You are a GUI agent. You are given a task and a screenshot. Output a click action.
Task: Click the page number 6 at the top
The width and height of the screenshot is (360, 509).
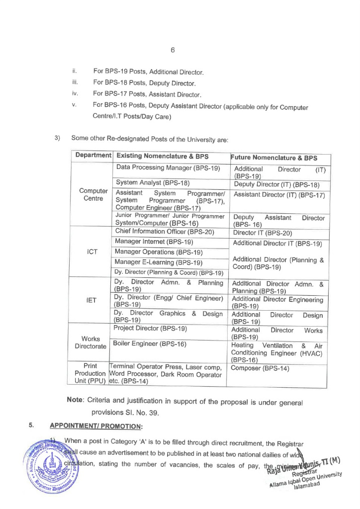173,50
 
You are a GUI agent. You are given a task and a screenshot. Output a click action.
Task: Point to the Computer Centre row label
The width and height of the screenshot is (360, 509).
93,194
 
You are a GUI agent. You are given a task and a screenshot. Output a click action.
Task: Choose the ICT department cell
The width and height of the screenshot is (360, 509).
92,252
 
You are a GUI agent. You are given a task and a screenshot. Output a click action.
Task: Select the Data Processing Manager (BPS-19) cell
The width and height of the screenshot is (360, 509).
168,168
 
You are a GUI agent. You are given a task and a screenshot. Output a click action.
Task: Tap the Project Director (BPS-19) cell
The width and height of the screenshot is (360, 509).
151,329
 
